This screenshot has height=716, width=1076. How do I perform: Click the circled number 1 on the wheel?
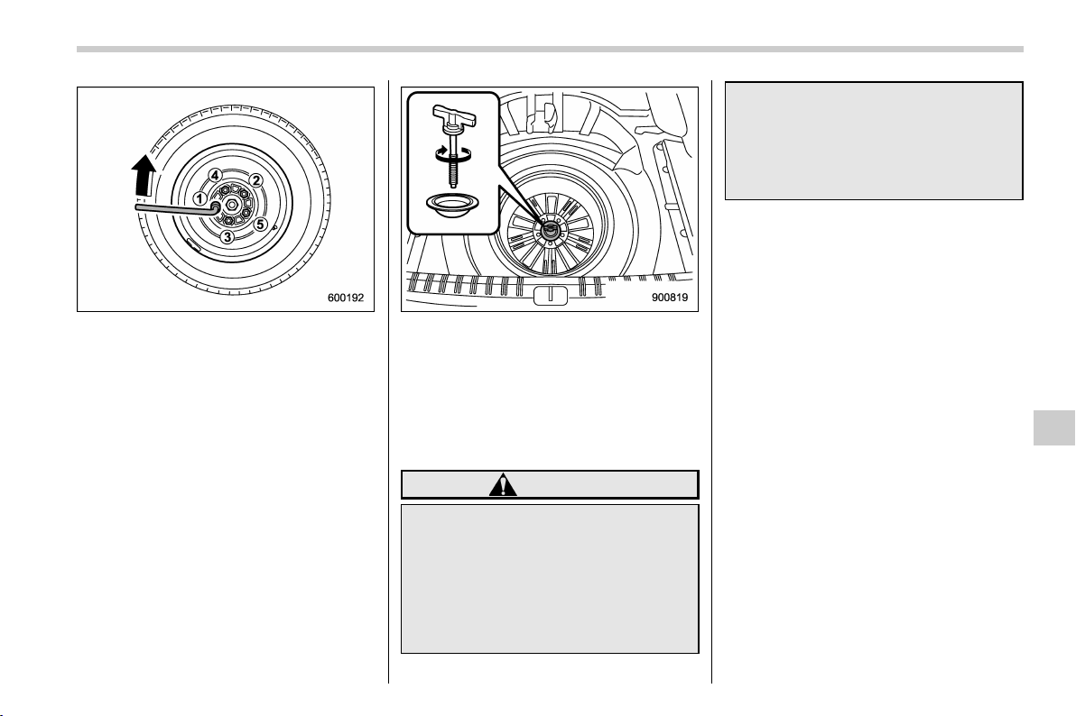tap(199, 199)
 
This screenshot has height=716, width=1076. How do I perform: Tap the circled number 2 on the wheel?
tap(255, 180)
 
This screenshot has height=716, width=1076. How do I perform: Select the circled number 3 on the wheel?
tap(227, 237)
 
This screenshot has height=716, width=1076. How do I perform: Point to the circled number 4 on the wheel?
tap(216, 175)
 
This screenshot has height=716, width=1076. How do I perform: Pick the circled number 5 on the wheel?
tap(259, 224)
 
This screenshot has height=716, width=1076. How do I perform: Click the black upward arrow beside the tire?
tap(144, 173)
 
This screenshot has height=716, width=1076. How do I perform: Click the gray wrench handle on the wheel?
tap(175, 207)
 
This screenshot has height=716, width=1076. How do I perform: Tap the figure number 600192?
tap(346, 298)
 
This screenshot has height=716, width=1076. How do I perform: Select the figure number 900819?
tap(670, 298)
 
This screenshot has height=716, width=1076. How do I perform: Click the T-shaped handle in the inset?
tap(453, 115)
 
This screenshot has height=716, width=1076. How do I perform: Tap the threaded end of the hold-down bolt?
tap(453, 176)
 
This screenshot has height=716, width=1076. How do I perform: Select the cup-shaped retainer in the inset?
tap(452, 205)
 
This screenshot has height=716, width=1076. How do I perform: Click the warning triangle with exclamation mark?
tap(503, 485)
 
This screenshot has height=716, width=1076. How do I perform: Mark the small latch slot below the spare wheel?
tap(551, 296)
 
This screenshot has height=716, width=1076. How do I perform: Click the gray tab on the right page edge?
tap(1054, 428)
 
